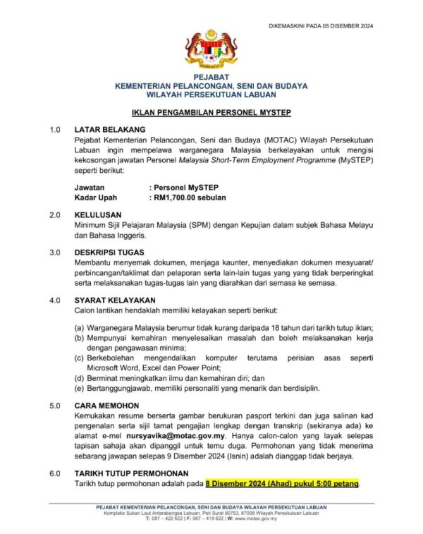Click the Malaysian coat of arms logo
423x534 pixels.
pyautogui.click(x=211, y=49)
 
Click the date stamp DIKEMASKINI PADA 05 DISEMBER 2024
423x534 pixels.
pyautogui.click(x=321, y=26)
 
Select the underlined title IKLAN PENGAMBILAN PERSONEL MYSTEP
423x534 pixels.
pyautogui.click(x=211, y=112)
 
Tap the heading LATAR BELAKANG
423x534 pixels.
pyautogui.click(x=109, y=130)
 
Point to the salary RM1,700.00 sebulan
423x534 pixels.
pyautogui.click(x=190, y=198)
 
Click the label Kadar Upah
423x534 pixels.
pyautogui.click(x=96, y=198)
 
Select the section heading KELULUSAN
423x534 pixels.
pyautogui.click(x=99, y=214)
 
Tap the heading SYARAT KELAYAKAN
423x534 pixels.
pyautogui.click(x=115, y=300)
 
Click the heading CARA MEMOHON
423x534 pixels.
pyautogui.click(x=106, y=406)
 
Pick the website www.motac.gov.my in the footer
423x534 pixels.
pyautogui.click(x=253, y=518)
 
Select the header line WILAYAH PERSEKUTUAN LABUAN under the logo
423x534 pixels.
pyautogui.click(x=211, y=93)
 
